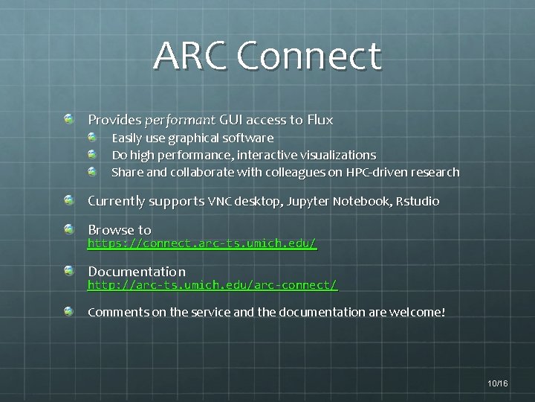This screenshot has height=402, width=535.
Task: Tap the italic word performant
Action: tap(181, 120)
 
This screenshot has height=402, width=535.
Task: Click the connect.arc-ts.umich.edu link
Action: tap(202, 243)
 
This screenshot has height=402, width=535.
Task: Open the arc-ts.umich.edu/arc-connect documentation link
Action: tap(213, 285)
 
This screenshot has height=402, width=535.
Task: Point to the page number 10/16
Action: tap(498, 383)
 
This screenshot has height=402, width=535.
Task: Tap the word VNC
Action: tap(221, 201)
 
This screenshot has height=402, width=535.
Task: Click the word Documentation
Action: tap(137, 272)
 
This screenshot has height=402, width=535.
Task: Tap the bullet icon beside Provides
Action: tap(69, 119)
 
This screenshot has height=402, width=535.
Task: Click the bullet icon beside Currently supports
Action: tap(69, 200)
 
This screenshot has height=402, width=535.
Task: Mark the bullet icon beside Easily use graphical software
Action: tap(92, 138)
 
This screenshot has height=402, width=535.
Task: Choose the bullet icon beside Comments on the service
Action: tap(69, 311)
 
